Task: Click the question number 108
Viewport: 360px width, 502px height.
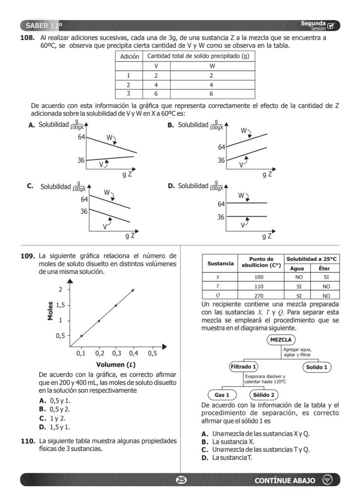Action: [28, 38]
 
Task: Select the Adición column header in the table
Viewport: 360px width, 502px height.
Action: [129, 57]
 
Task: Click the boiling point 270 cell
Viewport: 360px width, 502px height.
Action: [258, 296]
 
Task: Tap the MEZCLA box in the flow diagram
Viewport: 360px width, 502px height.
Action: [281, 339]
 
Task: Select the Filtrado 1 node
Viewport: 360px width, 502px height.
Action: [243, 366]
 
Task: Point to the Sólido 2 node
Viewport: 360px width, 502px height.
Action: [263, 395]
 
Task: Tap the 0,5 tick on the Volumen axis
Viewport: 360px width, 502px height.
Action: [152, 353]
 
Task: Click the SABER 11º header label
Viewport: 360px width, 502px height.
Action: [43, 25]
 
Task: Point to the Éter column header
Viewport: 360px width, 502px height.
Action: [324, 269]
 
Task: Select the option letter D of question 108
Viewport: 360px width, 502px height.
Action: [171, 186]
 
